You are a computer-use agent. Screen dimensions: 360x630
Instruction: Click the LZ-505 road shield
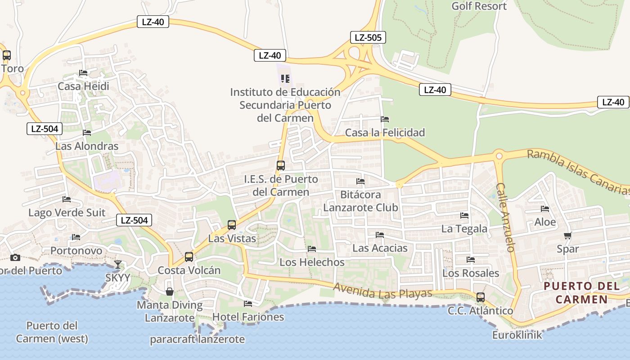tap(368, 37)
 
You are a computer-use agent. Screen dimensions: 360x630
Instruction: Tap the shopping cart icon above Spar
tap(567, 235)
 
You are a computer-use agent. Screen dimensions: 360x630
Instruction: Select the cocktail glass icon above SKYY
tap(118, 264)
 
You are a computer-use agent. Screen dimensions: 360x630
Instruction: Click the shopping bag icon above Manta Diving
tap(170, 292)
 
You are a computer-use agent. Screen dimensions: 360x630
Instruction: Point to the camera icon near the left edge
tap(15, 257)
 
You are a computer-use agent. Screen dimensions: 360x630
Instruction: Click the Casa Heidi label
tap(83, 86)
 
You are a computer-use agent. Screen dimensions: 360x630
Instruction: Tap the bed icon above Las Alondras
tap(87, 133)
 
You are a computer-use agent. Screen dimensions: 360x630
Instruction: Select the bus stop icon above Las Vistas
tap(232, 225)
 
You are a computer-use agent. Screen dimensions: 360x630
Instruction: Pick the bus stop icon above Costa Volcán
tap(189, 257)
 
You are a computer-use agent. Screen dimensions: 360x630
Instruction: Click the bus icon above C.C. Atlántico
tap(481, 297)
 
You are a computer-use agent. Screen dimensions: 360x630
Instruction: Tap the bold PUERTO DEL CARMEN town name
tap(581, 292)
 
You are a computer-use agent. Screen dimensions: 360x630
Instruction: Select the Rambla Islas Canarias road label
tap(578, 171)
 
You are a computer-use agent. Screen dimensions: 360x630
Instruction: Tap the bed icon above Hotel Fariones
tap(248, 304)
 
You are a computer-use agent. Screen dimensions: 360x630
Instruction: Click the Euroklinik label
tap(517, 335)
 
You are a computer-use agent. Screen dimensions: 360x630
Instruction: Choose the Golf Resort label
tap(479, 6)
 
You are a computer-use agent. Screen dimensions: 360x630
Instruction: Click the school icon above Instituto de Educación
tap(285, 79)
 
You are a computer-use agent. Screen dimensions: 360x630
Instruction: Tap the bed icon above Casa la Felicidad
tap(385, 119)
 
